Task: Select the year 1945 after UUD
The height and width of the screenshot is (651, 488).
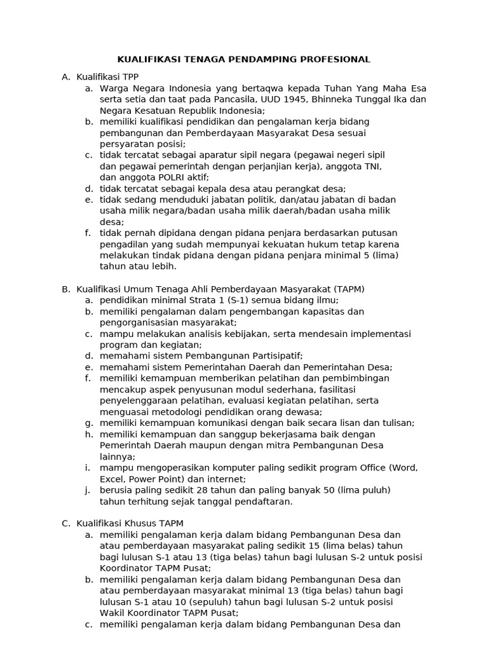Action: [x=291, y=99]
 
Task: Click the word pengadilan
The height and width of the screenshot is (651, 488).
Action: [x=125, y=244]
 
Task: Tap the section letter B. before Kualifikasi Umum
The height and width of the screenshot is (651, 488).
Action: [x=65, y=289]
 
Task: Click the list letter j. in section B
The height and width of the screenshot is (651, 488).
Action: [x=88, y=490]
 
